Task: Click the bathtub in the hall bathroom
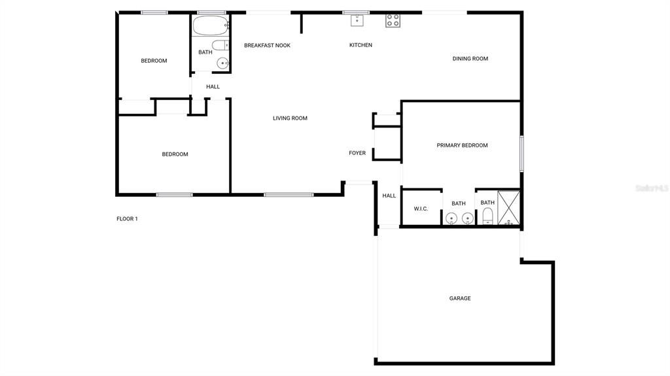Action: [x=210, y=27]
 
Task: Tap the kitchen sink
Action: [x=357, y=20]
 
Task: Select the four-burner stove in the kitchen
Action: [x=393, y=20]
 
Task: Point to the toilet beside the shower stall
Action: [x=487, y=216]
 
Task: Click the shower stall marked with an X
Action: [x=508, y=208]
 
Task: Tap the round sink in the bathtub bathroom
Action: [x=222, y=63]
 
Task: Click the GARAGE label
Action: [x=460, y=298]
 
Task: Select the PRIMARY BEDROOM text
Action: [x=462, y=145]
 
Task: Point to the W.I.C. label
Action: [x=421, y=209]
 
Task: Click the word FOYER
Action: [x=357, y=153]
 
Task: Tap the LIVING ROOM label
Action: [x=290, y=118]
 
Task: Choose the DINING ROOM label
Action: [x=470, y=59]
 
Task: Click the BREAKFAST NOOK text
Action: [x=267, y=45]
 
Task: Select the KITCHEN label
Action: [x=361, y=45]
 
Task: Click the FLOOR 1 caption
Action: [x=127, y=219]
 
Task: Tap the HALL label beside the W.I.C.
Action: [x=389, y=196]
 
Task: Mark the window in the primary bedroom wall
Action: [x=521, y=154]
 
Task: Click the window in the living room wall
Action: [x=289, y=194]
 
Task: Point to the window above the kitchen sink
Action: [x=356, y=12]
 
